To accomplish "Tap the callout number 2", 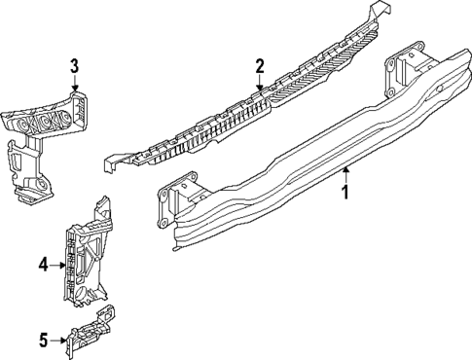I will [x=260, y=66].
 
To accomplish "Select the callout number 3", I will [x=74, y=66].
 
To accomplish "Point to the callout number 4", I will [x=43, y=264].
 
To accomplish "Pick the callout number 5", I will [x=43, y=340].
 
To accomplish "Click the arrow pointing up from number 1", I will [x=345, y=173].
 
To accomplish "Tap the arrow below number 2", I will [x=260, y=87].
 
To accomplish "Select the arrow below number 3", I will [x=74, y=87].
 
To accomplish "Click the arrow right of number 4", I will [x=59, y=264].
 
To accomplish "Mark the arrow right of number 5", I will [x=60, y=340].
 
